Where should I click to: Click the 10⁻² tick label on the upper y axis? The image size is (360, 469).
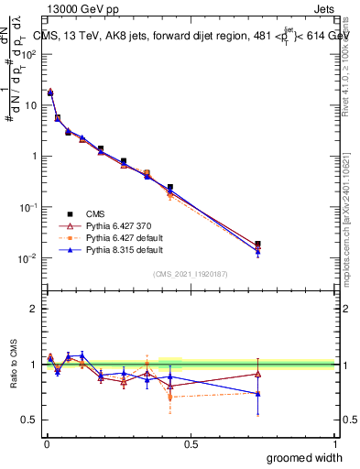click(x=29, y=258)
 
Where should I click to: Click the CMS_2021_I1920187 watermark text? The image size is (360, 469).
click(x=191, y=274)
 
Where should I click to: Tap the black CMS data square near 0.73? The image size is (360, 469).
click(x=257, y=244)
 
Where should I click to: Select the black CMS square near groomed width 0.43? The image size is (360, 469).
click(x=170, y=187)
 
